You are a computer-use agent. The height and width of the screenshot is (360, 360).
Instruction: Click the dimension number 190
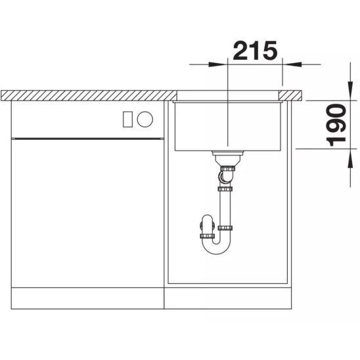click(337, 125)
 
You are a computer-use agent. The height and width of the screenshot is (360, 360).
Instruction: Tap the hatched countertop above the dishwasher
click(85, 95)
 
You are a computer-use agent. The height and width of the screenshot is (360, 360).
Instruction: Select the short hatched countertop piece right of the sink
click(292, 96)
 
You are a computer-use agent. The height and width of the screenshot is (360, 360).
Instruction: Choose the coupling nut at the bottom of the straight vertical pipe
click(225, 228)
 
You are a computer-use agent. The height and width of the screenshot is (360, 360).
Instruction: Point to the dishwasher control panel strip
click(85, 120)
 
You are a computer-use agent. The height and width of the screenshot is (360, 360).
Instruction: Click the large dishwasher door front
click(85, 210)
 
